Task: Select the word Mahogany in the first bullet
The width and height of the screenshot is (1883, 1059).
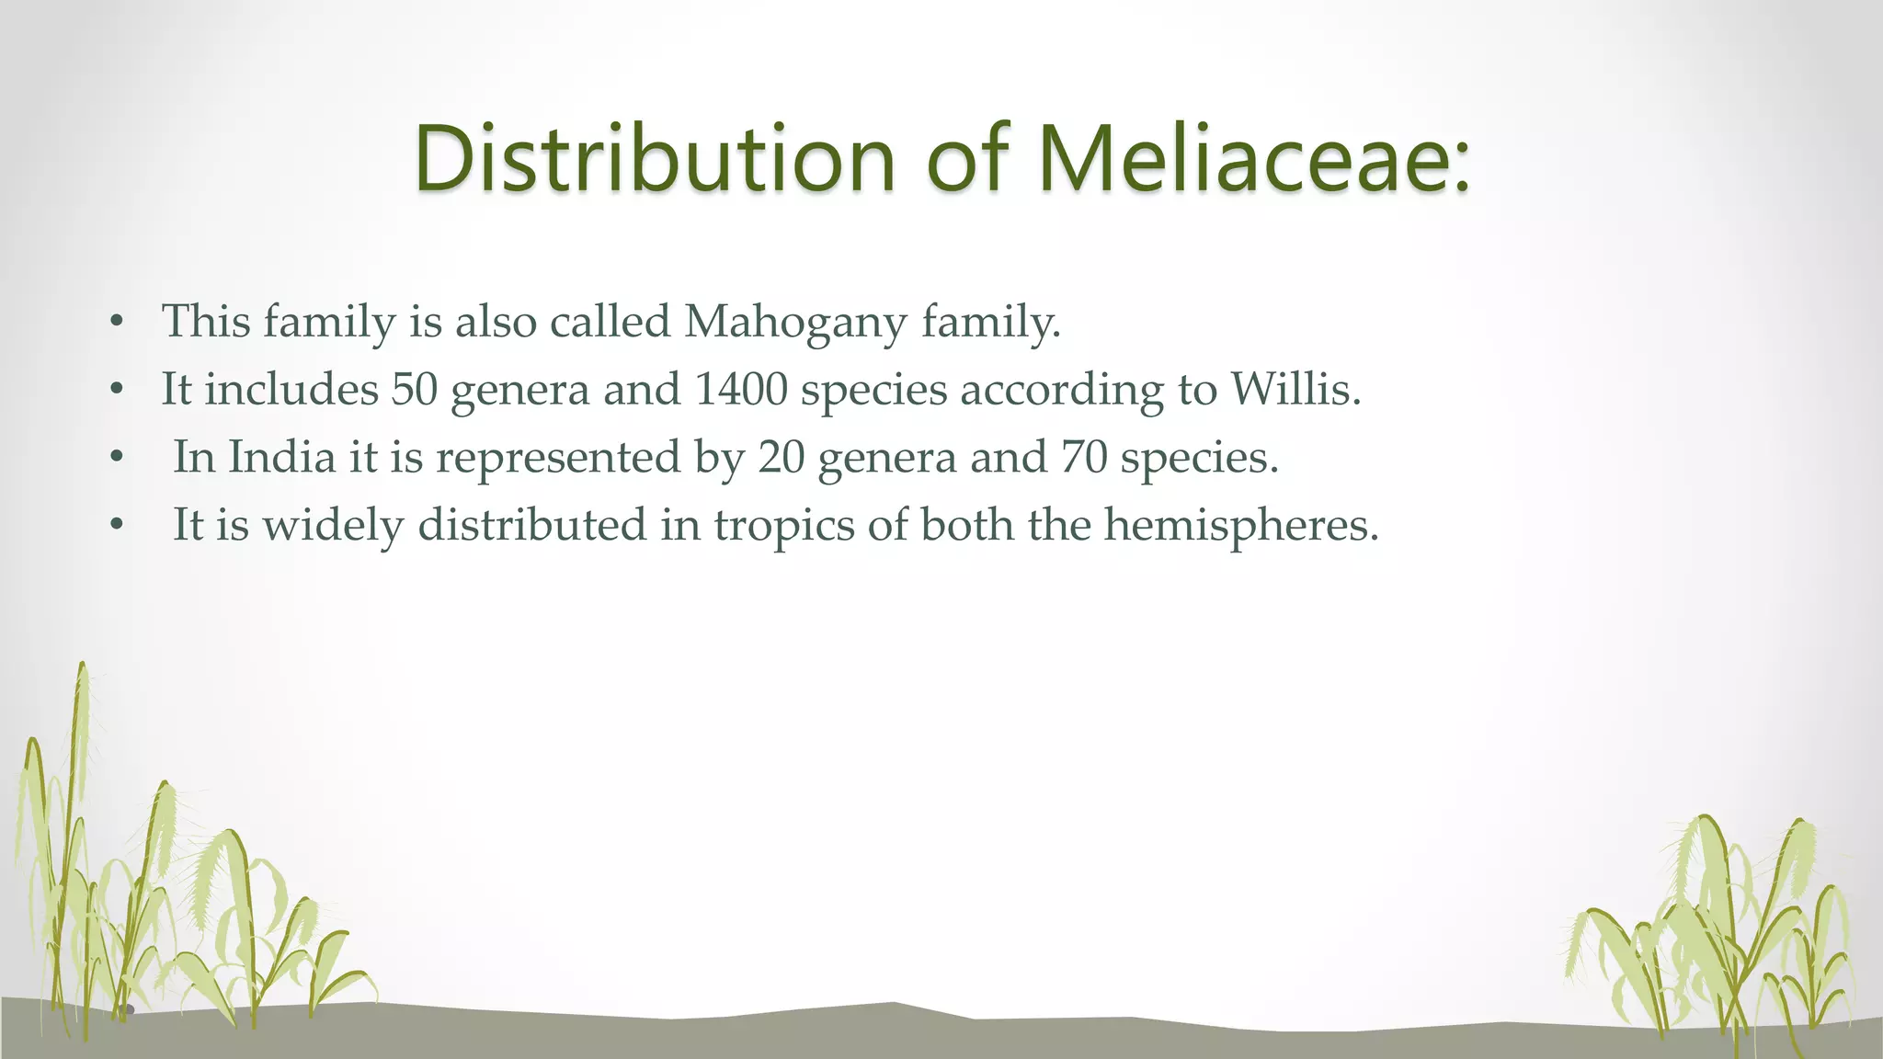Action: pos(795,323)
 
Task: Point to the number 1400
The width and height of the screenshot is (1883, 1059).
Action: pos(741,389)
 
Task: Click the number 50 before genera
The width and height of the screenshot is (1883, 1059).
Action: pos(415,389)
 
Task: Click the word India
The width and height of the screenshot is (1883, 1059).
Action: pos(281,457)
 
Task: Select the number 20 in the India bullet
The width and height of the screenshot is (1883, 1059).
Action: pos(782,457)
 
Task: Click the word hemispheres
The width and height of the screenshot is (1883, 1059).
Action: pos(1241,525)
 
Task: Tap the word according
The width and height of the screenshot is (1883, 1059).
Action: pos(1062,391)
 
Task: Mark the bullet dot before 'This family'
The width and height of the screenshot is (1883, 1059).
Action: pos(116,324)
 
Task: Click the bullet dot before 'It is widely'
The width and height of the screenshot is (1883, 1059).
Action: pos(116,526)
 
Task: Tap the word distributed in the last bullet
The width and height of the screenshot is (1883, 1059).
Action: pos(532,525)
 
